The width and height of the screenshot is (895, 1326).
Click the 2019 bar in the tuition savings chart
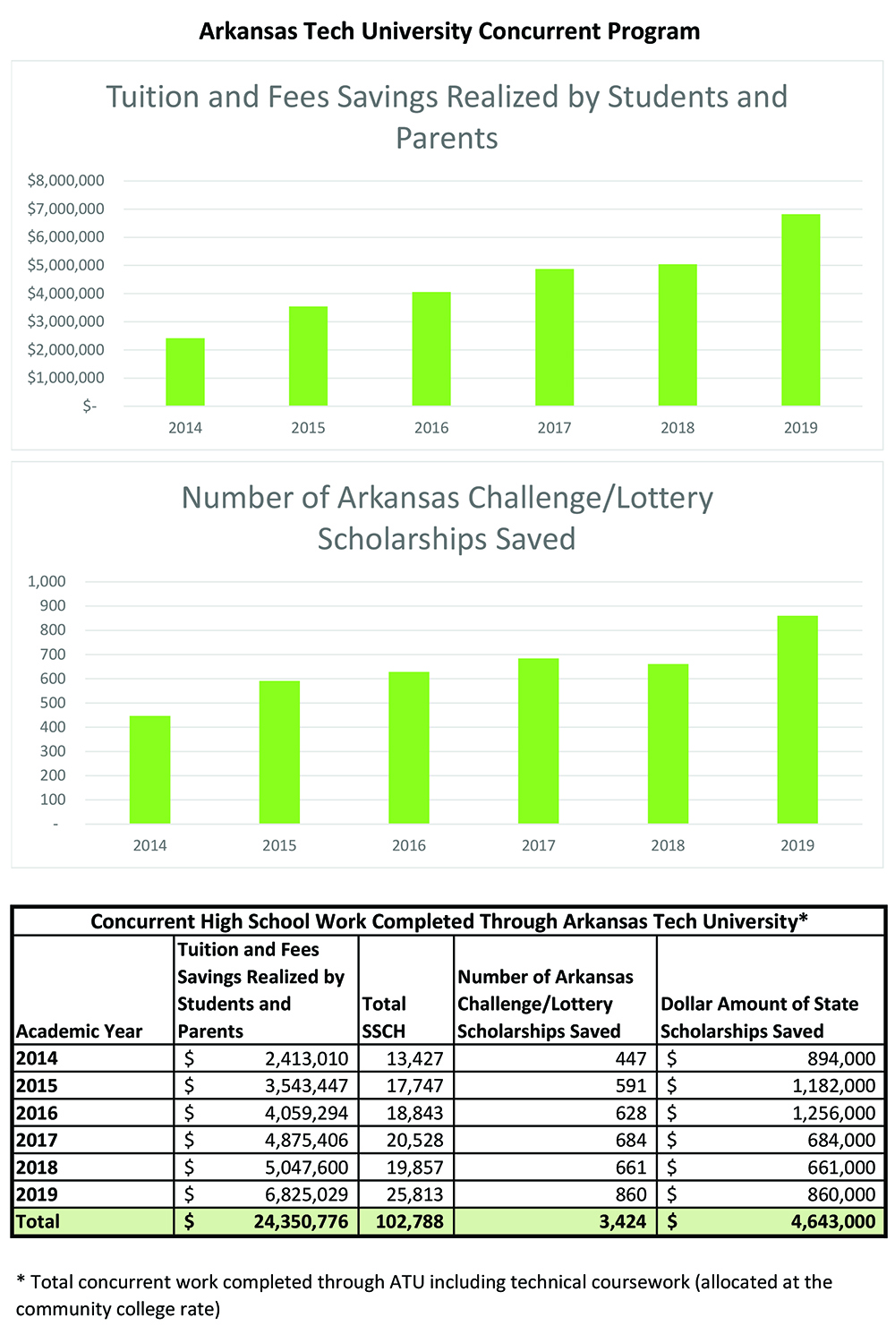(800, 310)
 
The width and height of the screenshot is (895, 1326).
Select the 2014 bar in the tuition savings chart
(185, 372)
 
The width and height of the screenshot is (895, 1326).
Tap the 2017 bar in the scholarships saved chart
(538, 740)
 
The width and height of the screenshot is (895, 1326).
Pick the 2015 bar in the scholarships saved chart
(279, 752)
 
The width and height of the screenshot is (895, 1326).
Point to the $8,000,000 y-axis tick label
(65, 181)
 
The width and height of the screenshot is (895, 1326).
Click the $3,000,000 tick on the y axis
(65, 321)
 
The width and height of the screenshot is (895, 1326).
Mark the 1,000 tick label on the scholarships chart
(47, 581)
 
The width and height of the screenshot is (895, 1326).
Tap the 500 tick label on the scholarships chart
(53, 703)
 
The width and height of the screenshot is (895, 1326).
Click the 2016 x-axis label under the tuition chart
(431, 428)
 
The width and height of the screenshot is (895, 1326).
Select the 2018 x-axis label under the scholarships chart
(668, 845)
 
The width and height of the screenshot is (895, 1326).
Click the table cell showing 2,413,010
(306, 1059)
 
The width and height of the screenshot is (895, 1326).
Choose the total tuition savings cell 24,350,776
(301, 1222)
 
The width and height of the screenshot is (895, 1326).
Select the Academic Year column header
(79, 1031)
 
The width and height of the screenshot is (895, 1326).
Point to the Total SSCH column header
(384, 1018)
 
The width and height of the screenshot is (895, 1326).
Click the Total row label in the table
(38, 1222)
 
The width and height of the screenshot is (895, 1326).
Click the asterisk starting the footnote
(21, 1280)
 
